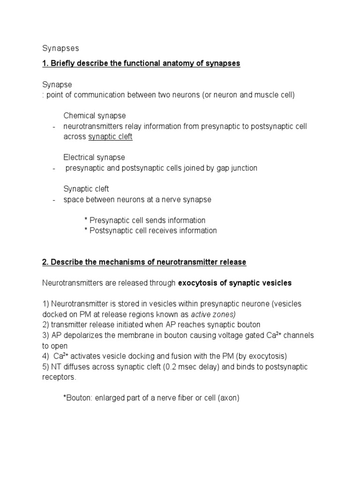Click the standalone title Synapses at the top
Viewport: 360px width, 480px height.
tap(60, 48)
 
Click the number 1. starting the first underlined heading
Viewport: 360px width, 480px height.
tap(45, 63)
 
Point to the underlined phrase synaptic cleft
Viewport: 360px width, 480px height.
tap(111, 136)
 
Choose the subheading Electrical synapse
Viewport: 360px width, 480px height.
tap(94, 157)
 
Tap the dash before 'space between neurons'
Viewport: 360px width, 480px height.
tap(54, 200)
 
